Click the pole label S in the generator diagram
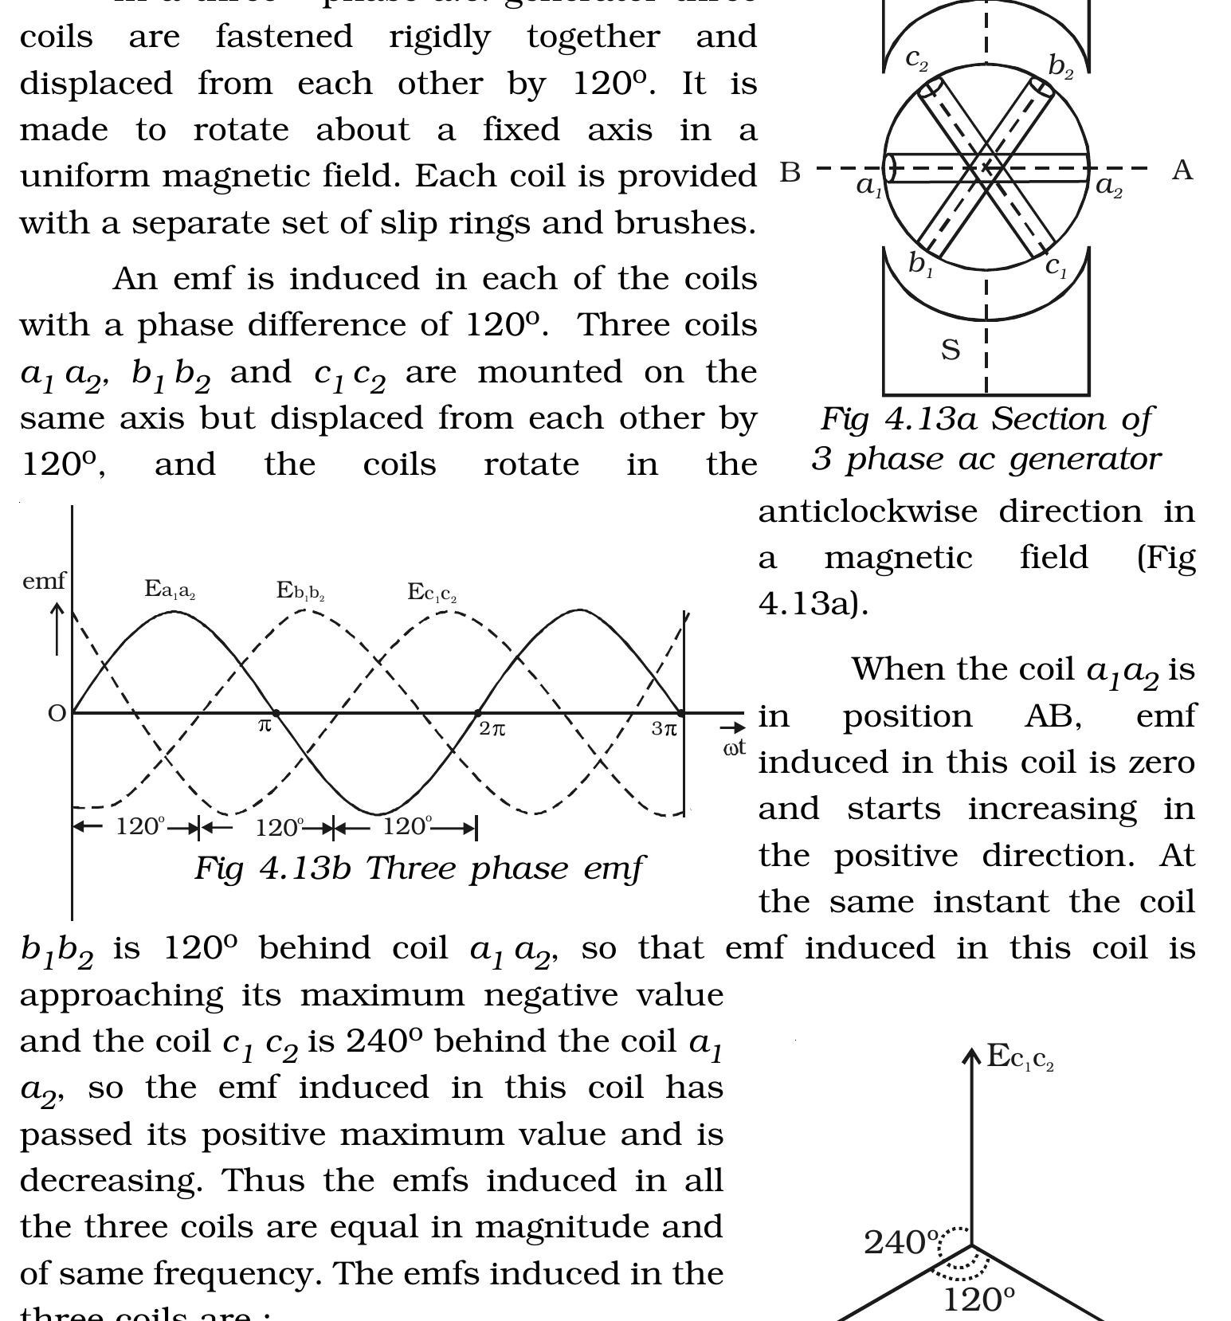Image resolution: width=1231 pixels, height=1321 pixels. pos(951,350)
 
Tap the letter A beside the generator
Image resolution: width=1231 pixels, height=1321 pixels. pos(1182,170)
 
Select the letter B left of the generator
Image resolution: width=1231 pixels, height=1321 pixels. pos(790,172)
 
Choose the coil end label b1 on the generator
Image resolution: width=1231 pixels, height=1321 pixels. pos(920,263)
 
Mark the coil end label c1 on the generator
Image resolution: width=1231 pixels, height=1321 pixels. pos(1057,266)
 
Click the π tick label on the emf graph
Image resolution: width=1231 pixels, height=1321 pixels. pos(265,726)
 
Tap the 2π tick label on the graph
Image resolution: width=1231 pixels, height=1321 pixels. pos(492,728)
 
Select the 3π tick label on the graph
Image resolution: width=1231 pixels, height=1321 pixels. pos(665,728)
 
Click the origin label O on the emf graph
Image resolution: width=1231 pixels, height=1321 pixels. pos(57,714)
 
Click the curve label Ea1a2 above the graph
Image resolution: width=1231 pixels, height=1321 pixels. pos(171,590)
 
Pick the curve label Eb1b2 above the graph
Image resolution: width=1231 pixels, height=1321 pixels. pos(300,591)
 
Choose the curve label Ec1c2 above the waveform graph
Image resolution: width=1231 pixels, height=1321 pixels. pos(432,593)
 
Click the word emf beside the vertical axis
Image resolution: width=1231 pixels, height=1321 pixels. pos(44,582)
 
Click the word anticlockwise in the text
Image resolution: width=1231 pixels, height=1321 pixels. pos(868,511)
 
